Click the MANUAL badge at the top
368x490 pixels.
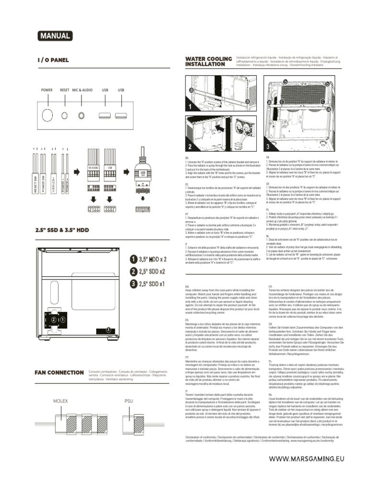[x=55, y=36]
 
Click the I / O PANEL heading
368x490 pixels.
[x=53, y=60]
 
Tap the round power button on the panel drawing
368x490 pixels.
[x=47, y=115]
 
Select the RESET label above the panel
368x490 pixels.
[x=65, y=90]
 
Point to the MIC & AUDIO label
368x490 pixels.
[x=82, y=90]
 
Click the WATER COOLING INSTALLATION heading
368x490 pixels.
[x=208, y=61]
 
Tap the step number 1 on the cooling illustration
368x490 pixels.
[x=190, y=107]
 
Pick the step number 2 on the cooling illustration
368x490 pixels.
[x=190, y=146]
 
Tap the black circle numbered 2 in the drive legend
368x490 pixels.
[x=133, y=272]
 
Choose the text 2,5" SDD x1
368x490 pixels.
[x=152, y=284]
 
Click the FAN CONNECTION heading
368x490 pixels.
[x=59, y=372]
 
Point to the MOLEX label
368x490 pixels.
[x=60, y=401]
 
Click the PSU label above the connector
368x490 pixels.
[x=128, y=401]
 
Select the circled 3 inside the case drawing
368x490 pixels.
[x=108, y=329]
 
